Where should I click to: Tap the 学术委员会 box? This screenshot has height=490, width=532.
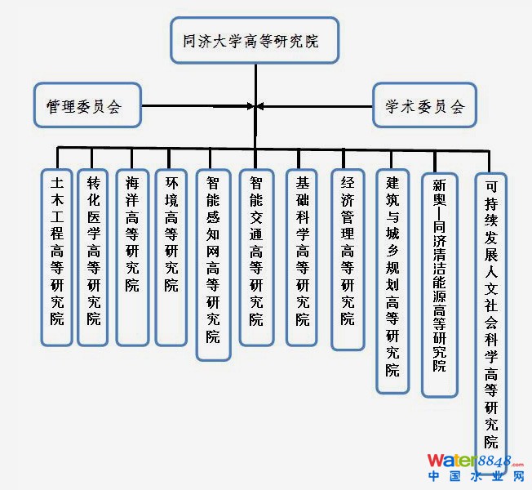424,105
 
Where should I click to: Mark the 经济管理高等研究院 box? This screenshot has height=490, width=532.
348,258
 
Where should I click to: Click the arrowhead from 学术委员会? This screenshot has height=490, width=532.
260,105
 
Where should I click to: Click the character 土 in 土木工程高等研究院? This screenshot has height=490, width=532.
56,185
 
